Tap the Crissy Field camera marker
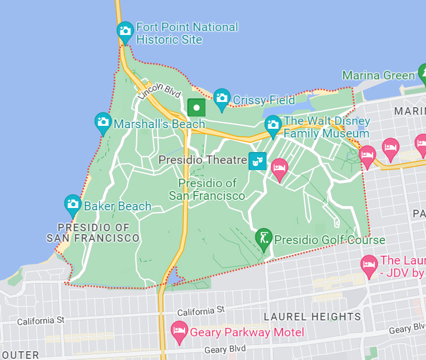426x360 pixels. [222, 98]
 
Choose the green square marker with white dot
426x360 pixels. [197, 108]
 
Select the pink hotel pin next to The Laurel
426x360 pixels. [368, 265]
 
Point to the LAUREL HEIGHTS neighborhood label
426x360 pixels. [312, 316]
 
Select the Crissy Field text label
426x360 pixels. [264, 100]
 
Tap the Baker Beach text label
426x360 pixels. [118, 206]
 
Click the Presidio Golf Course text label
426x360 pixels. [329, 240]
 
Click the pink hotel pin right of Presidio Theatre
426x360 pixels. [279, 169]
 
